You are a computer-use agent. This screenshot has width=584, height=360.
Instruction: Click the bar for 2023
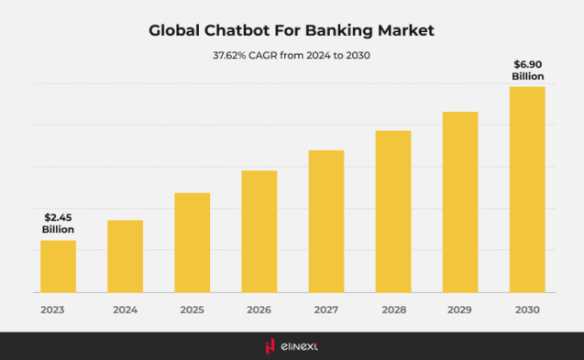(x=58, y=267)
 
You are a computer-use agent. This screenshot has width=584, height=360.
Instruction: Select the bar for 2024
(x=125, y=256)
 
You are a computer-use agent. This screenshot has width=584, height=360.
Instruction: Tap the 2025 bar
(x=193, y=243)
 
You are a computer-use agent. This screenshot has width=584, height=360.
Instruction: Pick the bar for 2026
(x=259, y=232)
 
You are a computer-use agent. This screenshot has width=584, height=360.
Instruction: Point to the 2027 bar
(x=326, y=222)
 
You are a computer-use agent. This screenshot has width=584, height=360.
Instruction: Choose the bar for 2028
(x=393, y=212)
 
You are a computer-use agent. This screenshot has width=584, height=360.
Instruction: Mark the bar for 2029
(x=460, y=202)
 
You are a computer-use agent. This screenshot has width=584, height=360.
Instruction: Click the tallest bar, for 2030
(x=527, y=190)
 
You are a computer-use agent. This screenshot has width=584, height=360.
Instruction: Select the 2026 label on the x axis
(x=259, y=310)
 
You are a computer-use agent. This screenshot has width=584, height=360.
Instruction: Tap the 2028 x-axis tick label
(x=393, y=310)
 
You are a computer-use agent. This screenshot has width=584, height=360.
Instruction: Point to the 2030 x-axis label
(x=527, y=310)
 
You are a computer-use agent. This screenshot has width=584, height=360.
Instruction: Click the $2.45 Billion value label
(x=58, y=223)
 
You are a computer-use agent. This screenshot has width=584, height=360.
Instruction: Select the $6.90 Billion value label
(x=528, y=70)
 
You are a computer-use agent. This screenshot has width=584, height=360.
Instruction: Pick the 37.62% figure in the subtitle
(x=229, y=55)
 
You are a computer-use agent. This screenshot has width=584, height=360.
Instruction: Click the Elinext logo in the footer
(x=292, y=345)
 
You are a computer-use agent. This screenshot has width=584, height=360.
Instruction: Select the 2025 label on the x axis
(x=193, y=310)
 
